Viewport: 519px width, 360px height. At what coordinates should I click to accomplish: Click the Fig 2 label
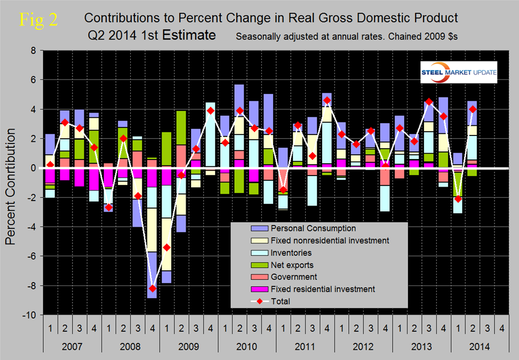click(38, 19)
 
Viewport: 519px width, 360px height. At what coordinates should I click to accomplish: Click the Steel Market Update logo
click(459, 73)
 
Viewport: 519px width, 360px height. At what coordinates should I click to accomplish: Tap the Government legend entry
click(279, 277)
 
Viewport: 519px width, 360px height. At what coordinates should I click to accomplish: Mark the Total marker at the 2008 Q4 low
click(152, 289)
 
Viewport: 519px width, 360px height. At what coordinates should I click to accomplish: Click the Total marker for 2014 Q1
click(457, 199)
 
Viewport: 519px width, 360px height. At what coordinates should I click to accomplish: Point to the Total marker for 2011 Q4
click(326, 100)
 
